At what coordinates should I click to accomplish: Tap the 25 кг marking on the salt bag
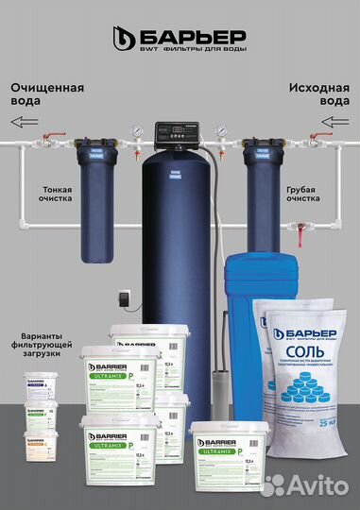[x=326, y=418]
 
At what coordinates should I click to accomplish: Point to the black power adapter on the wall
[x=122, y=295]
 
